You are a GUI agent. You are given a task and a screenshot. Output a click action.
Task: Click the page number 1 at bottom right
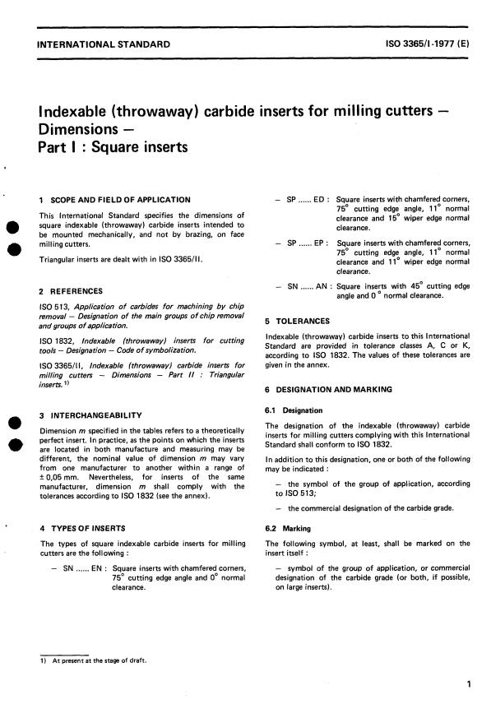click(x=467, y=683)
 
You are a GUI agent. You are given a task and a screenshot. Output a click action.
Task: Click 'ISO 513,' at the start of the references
click(x=53, y=308)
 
